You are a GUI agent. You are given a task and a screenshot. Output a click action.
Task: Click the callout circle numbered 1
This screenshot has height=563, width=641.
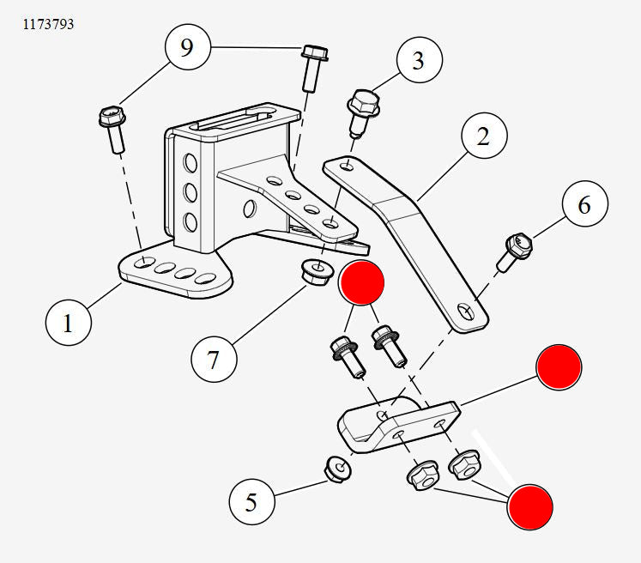[x=68, y=324]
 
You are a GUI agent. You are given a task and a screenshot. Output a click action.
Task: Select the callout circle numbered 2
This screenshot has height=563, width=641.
[x=484, y=136]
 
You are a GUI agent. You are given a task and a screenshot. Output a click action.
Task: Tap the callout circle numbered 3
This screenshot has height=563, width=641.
[x=419, y=61]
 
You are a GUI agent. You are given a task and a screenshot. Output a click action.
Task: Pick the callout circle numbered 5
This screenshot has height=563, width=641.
[x=251, y=501]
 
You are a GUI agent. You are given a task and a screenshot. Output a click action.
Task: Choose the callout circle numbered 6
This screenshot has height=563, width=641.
[x=585, y=206]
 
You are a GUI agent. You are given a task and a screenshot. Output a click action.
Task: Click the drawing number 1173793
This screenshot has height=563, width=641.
[x=48, y=25]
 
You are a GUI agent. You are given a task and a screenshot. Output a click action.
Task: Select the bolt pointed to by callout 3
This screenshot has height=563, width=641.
[x=363, y=111]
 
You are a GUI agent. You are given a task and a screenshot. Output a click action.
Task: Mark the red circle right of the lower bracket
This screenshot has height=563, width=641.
[x=559, y=368]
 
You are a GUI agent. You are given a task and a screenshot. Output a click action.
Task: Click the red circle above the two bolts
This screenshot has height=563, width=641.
[x=361, y=284]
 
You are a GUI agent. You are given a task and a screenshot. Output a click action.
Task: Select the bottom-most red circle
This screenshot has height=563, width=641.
[x=529, y=506]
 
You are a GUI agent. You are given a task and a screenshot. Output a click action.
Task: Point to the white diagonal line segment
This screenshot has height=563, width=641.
[x=492, y=456]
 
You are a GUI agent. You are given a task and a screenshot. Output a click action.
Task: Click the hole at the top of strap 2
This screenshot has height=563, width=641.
[x=345, y=164]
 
